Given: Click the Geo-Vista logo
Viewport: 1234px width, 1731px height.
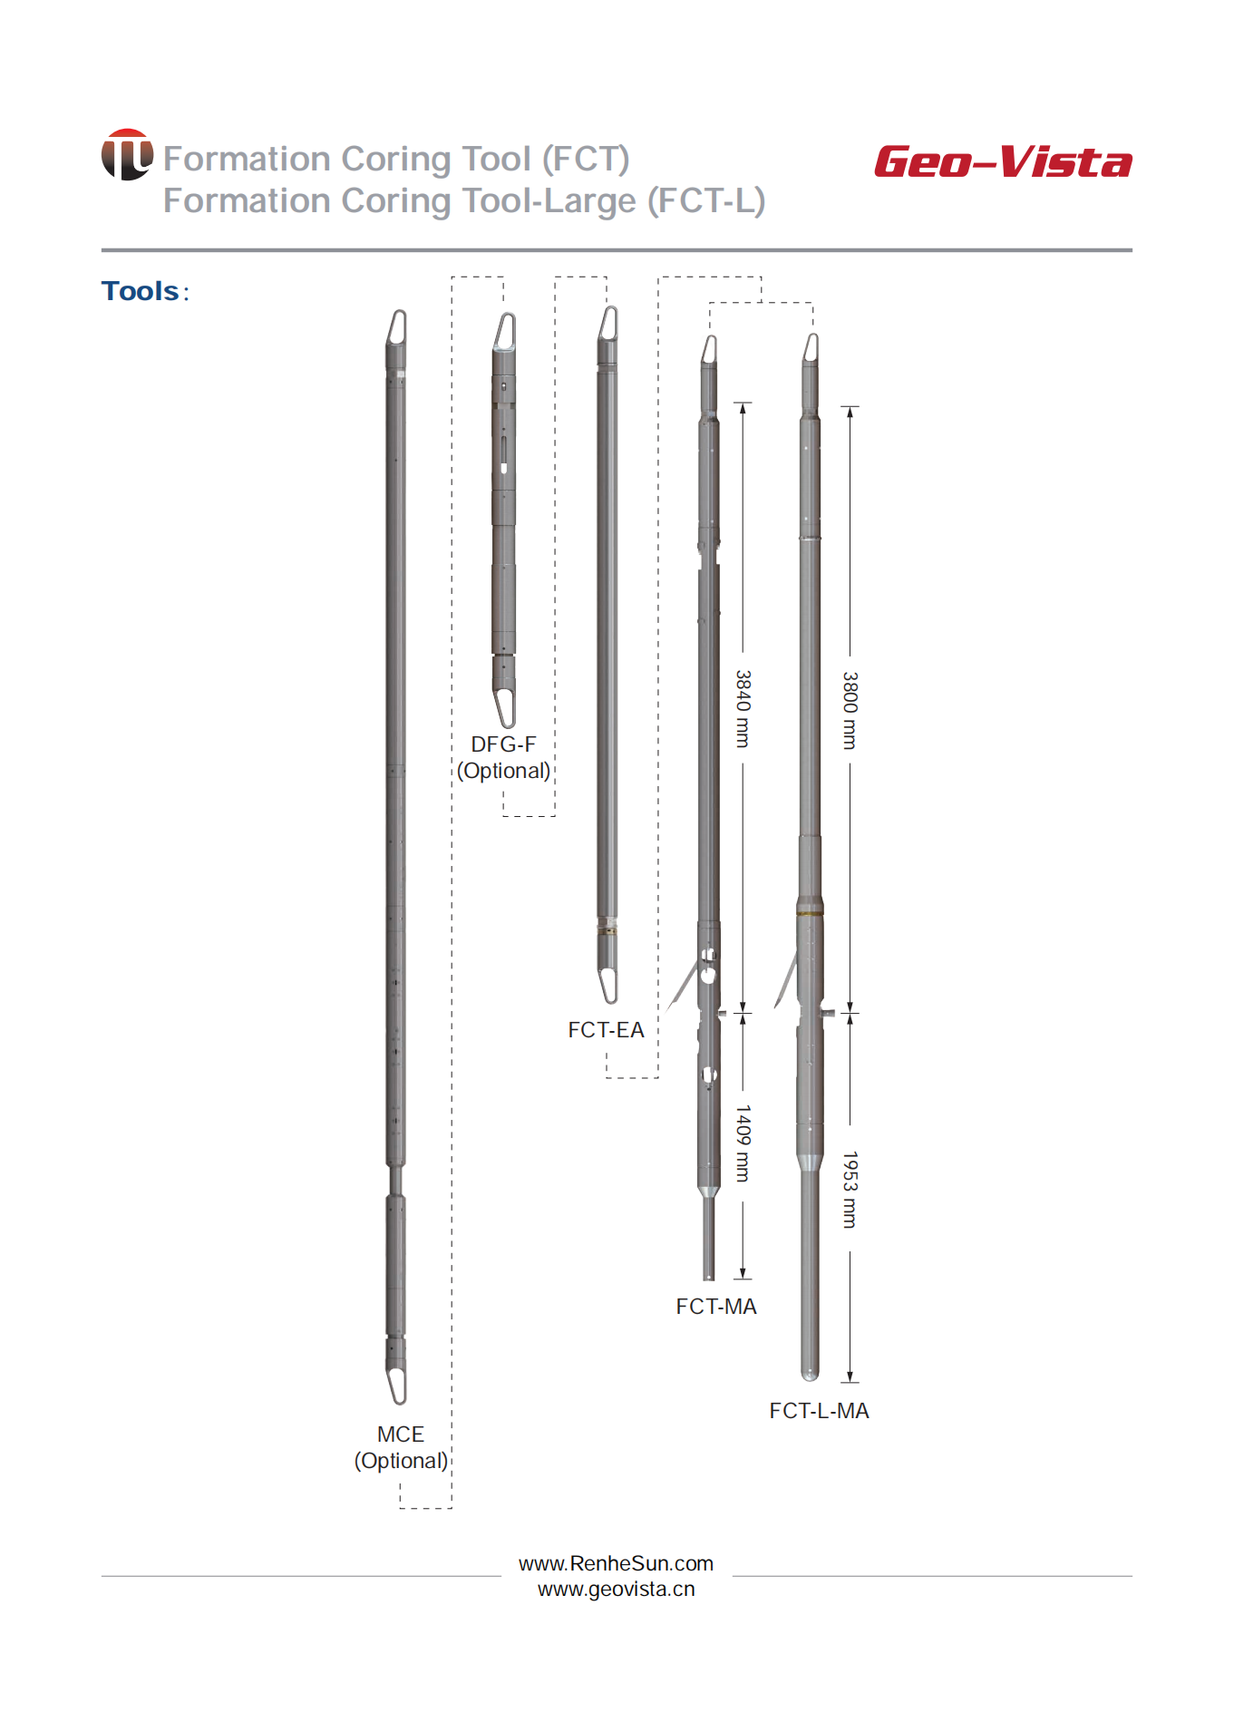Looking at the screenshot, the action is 1003,162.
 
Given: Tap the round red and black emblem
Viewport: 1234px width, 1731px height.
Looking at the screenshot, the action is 127,154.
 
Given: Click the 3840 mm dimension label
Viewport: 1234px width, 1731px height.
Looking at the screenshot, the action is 743,709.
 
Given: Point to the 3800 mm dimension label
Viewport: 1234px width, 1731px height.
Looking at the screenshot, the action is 850,710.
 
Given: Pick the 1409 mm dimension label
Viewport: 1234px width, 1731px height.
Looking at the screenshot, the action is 743,1143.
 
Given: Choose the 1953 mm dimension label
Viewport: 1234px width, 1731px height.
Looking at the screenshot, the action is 850,1190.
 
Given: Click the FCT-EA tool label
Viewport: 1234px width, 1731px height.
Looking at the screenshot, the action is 606,1030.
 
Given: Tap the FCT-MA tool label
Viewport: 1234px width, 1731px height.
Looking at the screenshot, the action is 716,1307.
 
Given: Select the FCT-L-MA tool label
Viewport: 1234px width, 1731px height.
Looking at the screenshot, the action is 819,1411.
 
